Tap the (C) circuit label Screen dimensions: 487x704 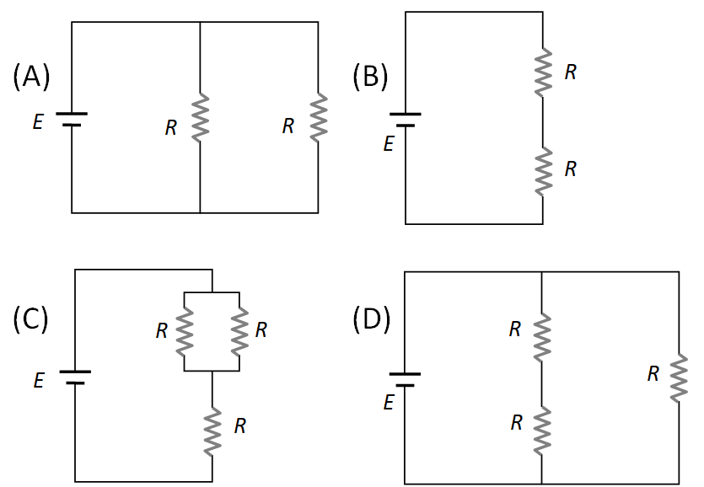coord(31,319)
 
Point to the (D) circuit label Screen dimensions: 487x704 coord(370,319)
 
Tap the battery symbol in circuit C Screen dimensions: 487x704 coord(75,376)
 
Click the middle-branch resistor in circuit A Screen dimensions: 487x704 coord(200,117)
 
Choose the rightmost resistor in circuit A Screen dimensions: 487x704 coord(318,117)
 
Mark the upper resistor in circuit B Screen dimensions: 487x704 coord(542,72)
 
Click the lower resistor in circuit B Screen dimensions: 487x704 coord(542,170)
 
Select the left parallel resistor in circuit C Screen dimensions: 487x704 coord(184,330)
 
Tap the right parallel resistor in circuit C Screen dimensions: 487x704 coord(239,330)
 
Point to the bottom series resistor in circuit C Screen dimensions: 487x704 coord(212,428)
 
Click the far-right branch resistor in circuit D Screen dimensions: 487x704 coord(679,377)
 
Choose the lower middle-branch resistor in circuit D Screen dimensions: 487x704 coord(541,427)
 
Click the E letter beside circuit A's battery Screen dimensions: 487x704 coord(38,124)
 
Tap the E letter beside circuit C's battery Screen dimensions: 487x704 coord(39,382)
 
